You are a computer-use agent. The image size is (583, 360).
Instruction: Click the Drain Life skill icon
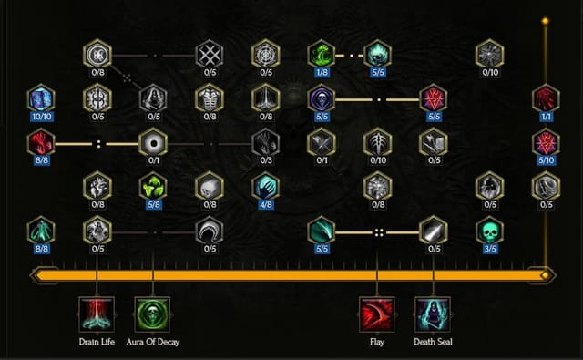tap(97, 314)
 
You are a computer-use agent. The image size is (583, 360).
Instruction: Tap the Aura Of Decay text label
tap(152, 343)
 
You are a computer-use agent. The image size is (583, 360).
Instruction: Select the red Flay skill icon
tap(376, 314)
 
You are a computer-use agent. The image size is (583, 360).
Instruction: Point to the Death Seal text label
tap(433, 343)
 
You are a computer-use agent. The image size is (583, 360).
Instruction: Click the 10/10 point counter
tap(41, 117)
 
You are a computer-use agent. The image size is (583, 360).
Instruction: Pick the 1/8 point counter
tap(321, 73)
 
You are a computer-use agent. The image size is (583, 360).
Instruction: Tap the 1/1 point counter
tap(546, 117)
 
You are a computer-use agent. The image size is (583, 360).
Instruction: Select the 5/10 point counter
tap(546, 161)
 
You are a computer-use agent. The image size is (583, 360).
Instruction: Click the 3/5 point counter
tap(489, 249)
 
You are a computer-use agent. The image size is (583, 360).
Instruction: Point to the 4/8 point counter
tap(265, 205)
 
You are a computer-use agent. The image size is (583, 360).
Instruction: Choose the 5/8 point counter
tap(153, 205)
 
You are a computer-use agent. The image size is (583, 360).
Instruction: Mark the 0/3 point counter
tap(265, 161)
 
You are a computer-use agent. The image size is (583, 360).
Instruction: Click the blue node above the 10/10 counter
tap(41, 98)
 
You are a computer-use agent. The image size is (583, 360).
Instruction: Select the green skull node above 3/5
tap(489, 230)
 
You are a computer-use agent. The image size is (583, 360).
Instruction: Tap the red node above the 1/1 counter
tap(546, 98)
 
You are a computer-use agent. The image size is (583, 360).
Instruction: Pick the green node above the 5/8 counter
tap(153, 186)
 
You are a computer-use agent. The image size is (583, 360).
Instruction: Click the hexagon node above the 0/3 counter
tap(265, 142)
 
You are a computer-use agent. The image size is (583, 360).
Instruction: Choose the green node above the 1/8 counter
tap(321, 54)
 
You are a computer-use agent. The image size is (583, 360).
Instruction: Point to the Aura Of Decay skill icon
tap(152, 314)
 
